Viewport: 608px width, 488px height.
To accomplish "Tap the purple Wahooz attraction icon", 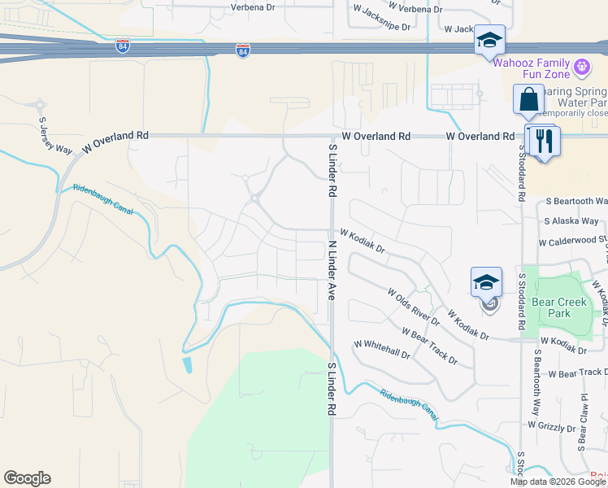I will pyautogui.click(x=582, y=66).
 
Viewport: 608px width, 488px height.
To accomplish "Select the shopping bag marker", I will pyautogui.click(x=528, y=100).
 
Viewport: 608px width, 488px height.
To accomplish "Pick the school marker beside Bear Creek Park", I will pyautogui.click(x=486, y=283).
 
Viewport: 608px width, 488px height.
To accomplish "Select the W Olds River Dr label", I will pyautogui.click(x=413, y=307).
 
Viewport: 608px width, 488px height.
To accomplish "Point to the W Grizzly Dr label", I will pyautogui.click(x=556, y=425).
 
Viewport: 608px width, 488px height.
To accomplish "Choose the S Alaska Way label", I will pyautogui.click(x=571, y=220).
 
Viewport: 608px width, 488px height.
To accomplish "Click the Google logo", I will pyautogui.click(x=27, y=478).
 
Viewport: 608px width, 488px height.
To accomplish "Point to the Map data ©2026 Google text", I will pyautogui.click(x=558, y=481).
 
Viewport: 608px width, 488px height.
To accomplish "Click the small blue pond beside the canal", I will pyautogui.click(x=189, y=365).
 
